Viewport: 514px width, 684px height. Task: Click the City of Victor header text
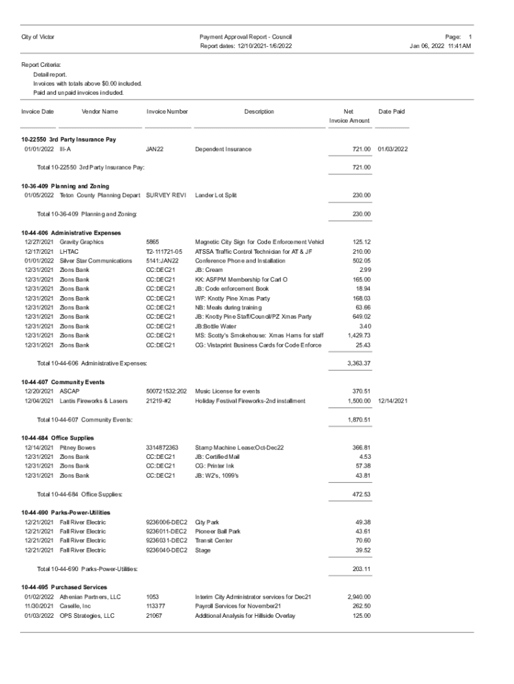[x=38, y=36]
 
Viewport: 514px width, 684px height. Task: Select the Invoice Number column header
[x=167, y=112]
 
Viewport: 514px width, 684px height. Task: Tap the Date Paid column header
[x=391, y=112]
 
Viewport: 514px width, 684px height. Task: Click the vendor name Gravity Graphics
[x=81, y=242]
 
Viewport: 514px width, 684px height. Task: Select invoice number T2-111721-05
[x=164, y=252]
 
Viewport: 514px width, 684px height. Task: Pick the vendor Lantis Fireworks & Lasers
[x=93, y=401]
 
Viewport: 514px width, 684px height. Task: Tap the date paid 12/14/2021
[x=393, y=401]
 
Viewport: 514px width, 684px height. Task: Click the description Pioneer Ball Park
[x=218, y=532]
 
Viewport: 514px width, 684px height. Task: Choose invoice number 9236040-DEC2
[x=166, y=550]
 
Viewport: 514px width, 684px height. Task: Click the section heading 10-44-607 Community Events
[x=63, y=382]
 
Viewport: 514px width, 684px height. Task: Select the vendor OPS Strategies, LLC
[x=87, y=616]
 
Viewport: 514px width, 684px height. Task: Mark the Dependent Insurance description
[x=223, y=149]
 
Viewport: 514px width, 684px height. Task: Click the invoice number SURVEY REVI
[x=165, y=196]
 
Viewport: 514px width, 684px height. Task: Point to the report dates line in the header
[x=246, y=46]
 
